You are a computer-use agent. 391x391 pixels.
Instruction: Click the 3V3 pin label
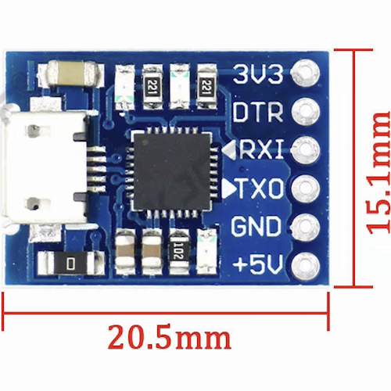point(258,74)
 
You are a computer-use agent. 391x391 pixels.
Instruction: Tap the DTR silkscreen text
point(258,112)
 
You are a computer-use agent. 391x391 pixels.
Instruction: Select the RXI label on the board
point(261,149)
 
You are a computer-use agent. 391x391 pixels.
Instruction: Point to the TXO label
point(260,188)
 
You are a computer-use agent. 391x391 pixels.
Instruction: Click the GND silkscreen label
point(256,226)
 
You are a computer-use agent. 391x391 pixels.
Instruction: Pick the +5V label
point(257,264)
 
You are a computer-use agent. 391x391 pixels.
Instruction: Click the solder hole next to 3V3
point(305,74)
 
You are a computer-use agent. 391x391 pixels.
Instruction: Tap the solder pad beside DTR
point(305,112)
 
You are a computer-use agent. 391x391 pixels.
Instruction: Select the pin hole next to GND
point(305,226)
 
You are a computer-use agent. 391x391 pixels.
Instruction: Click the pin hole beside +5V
point(305,265)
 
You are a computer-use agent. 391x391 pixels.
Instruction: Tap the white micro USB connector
point(44,167)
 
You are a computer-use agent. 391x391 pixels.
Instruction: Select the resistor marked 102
point(179,252)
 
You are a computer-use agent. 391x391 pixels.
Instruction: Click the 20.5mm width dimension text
point(170,337)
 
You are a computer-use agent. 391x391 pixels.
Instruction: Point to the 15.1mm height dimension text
point(378,173)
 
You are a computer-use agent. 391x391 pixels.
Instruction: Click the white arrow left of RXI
point(229,149)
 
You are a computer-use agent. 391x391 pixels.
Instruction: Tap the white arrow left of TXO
point(229,188)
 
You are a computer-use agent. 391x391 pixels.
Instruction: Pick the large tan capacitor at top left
point(71,74)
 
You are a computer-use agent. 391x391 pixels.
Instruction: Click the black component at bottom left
point(71,263)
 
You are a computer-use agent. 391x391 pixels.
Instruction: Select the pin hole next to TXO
point(305,188)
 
